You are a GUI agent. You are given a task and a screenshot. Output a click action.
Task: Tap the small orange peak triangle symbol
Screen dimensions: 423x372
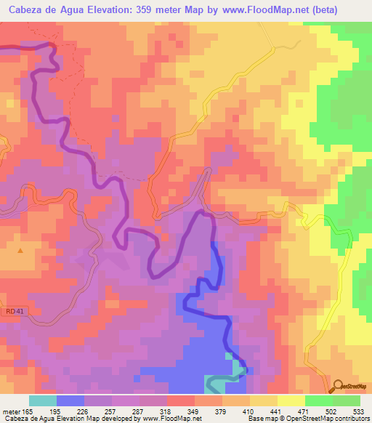coord(20,251)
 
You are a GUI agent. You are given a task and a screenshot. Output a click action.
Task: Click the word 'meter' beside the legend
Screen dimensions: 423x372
coord(13,411)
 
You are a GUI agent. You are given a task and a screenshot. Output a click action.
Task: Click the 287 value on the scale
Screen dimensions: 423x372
coord(139,411)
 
